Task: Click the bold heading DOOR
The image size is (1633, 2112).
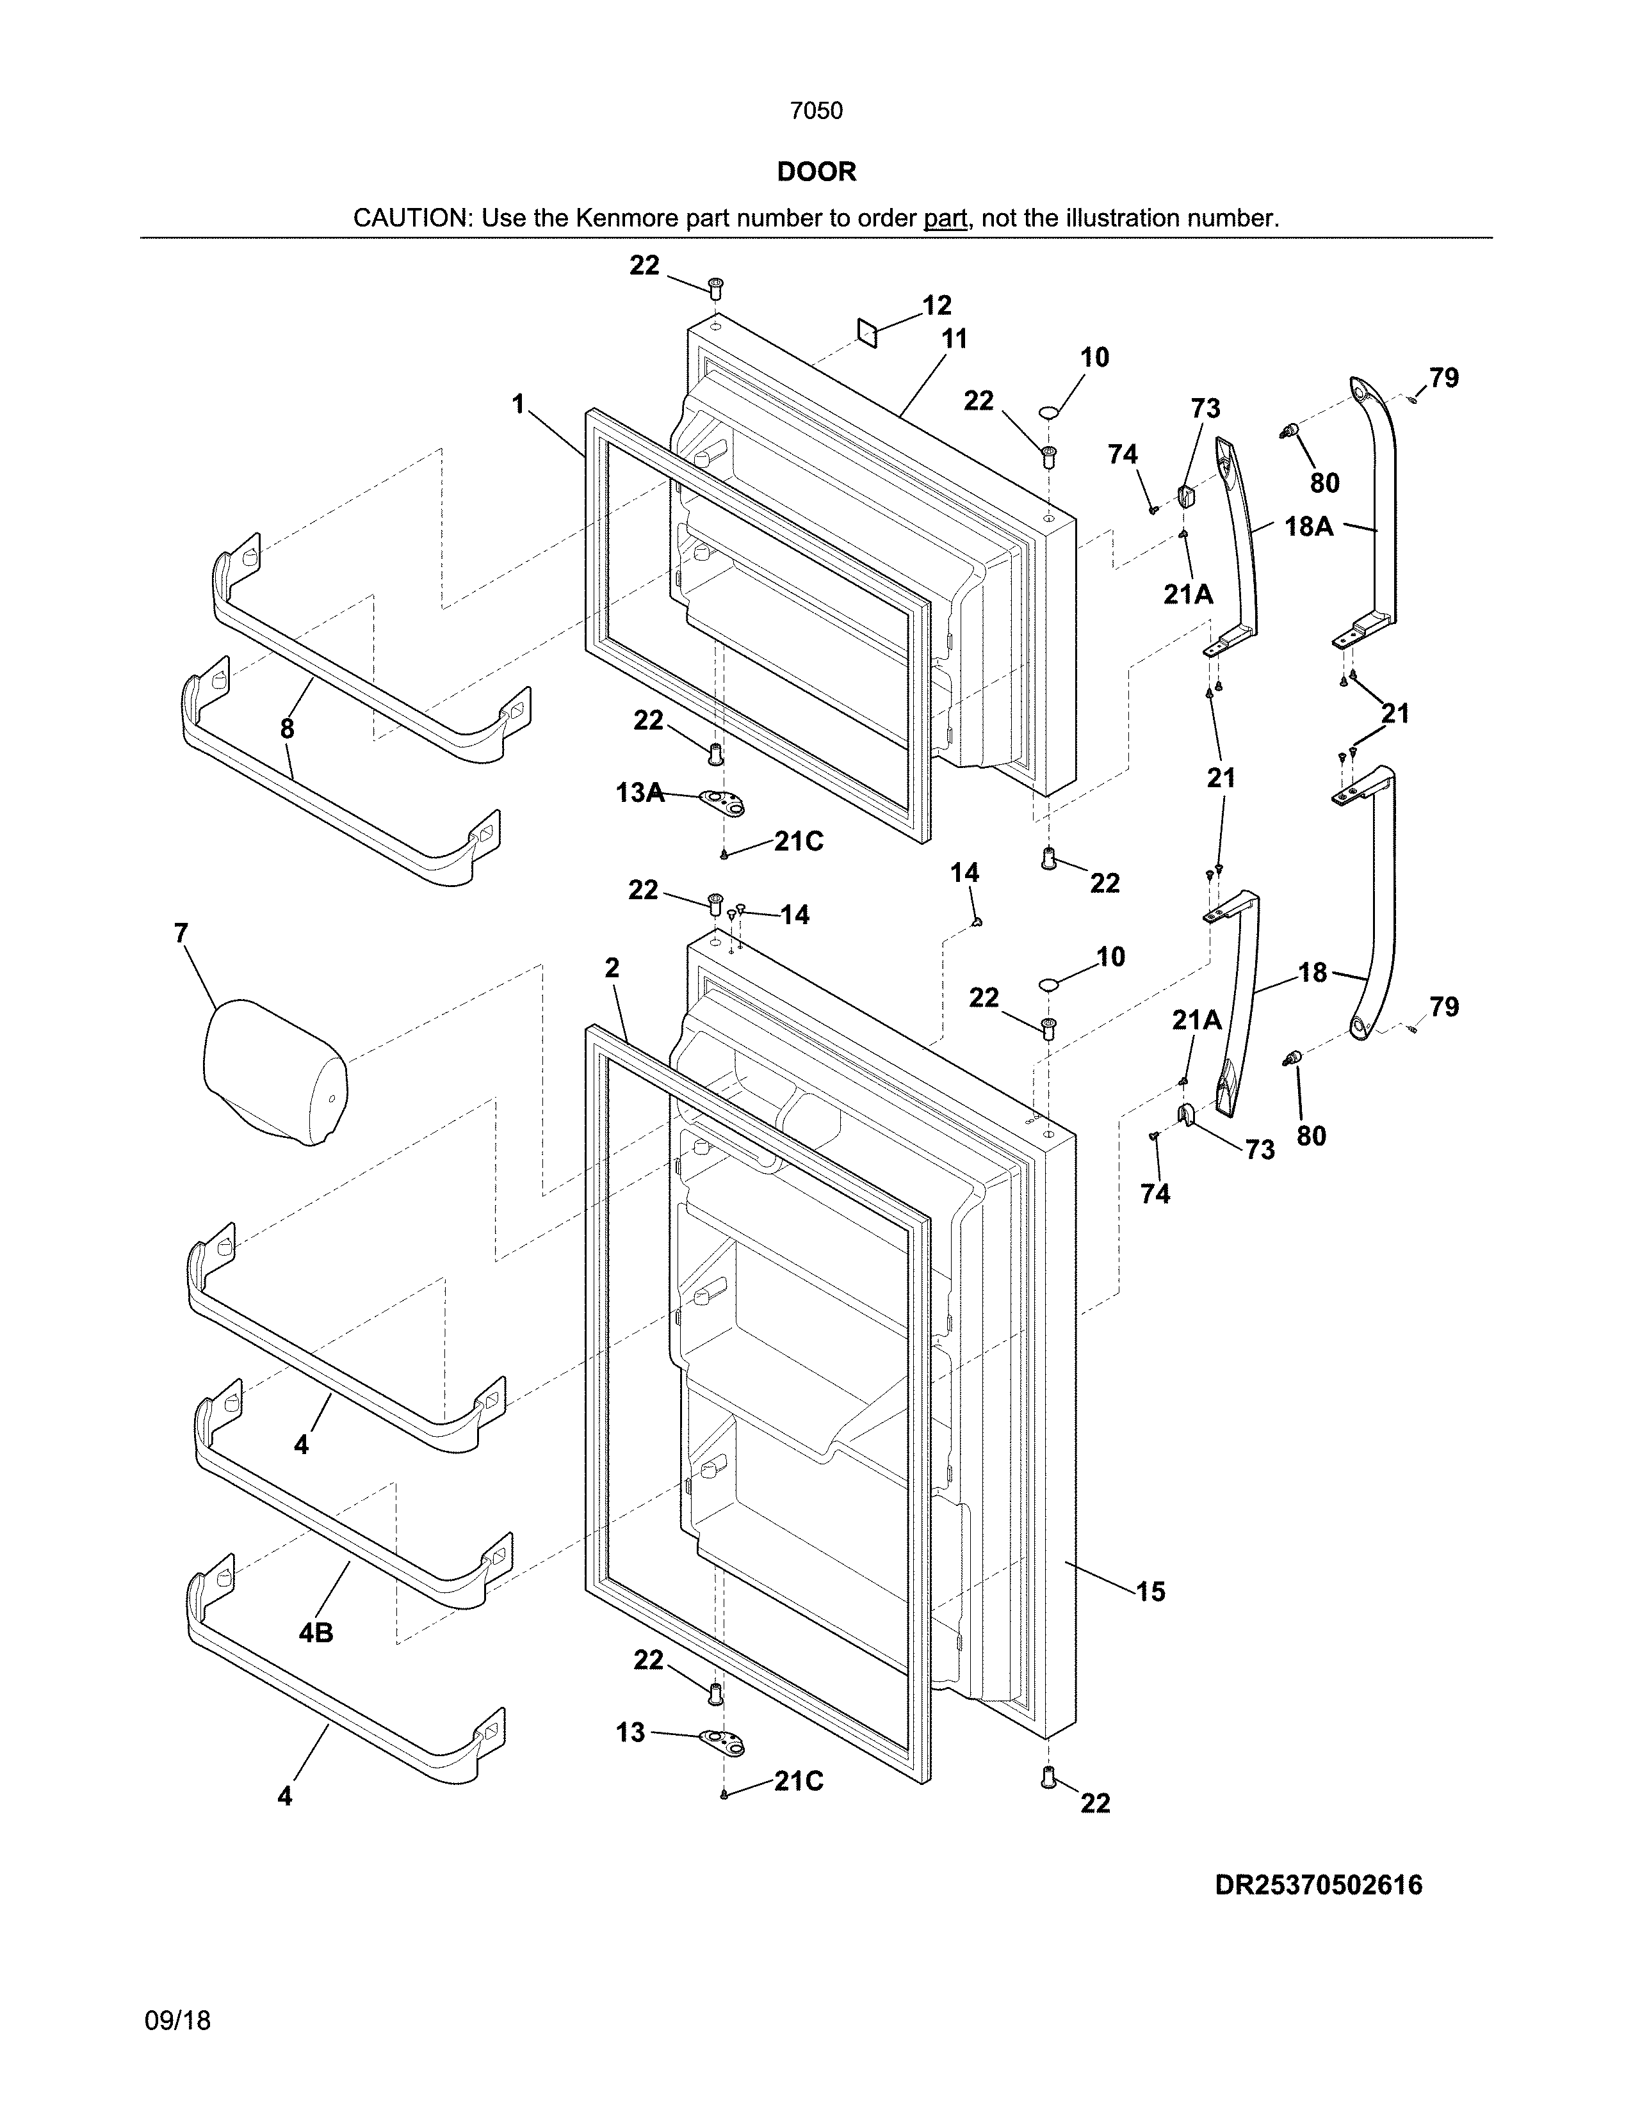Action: tap(816, 172)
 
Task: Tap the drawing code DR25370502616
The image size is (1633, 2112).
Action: tap(1319, 1885)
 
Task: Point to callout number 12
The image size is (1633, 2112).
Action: tap(936, 305)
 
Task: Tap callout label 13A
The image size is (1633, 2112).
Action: tap(640, 793)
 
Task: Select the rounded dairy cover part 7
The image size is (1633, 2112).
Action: tap(275, 1071)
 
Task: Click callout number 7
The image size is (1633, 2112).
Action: tap(181, 933)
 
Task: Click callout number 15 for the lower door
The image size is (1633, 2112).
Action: tap(1150, 1592)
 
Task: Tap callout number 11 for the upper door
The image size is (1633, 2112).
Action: tap(954, 339)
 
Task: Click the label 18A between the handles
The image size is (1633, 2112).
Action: tap(1309, 527)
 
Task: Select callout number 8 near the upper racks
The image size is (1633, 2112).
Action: tap(288, 729)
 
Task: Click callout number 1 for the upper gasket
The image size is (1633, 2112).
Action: tap(519, 404)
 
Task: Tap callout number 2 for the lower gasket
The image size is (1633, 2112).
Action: tap(612, 968)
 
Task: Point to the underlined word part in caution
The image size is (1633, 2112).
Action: tap(945, 218)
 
